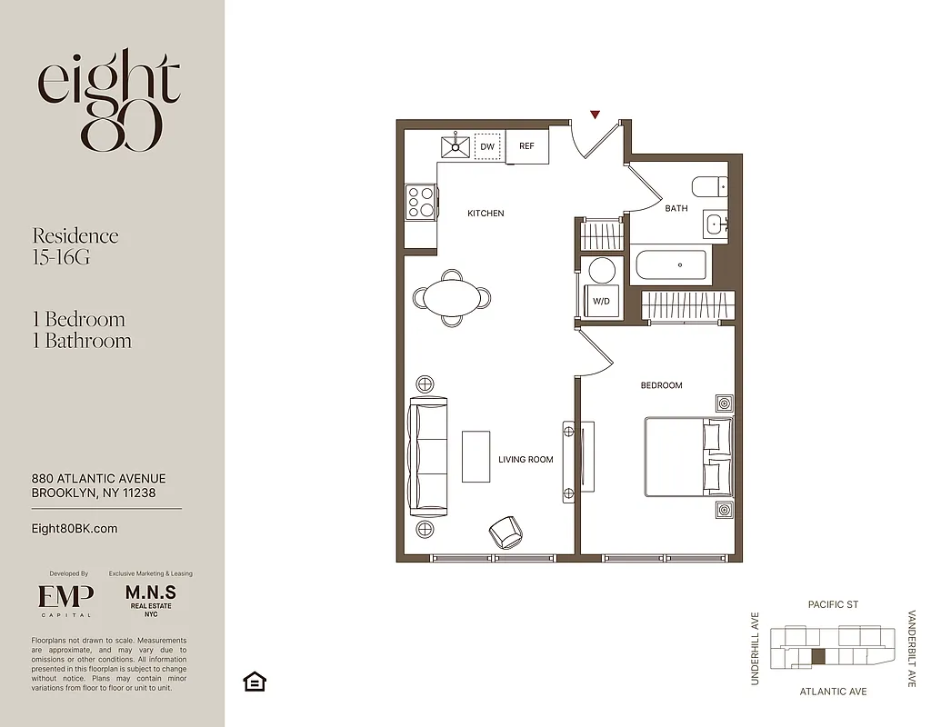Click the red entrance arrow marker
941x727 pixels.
coord(595,115)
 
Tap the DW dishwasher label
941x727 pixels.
coord(487,146)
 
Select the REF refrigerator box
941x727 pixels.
coord(527,146)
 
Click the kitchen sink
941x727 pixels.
coord(455,145)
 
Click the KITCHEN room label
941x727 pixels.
coord(486,214)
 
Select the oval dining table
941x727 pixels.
coord(452,297)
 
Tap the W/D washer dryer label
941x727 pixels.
coord(601,301)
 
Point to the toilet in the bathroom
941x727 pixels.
coord(709,187)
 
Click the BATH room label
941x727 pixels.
coord(676,208)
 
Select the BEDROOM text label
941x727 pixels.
coord(661,385)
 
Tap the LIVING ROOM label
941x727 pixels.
coord(526,460)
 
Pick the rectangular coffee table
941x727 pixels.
coord(476,456)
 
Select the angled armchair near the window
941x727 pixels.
coord(506,532)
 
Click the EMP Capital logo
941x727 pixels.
coord(65,598)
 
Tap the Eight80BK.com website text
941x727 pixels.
coord(75,528)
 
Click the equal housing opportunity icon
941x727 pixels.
coord(255,682)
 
